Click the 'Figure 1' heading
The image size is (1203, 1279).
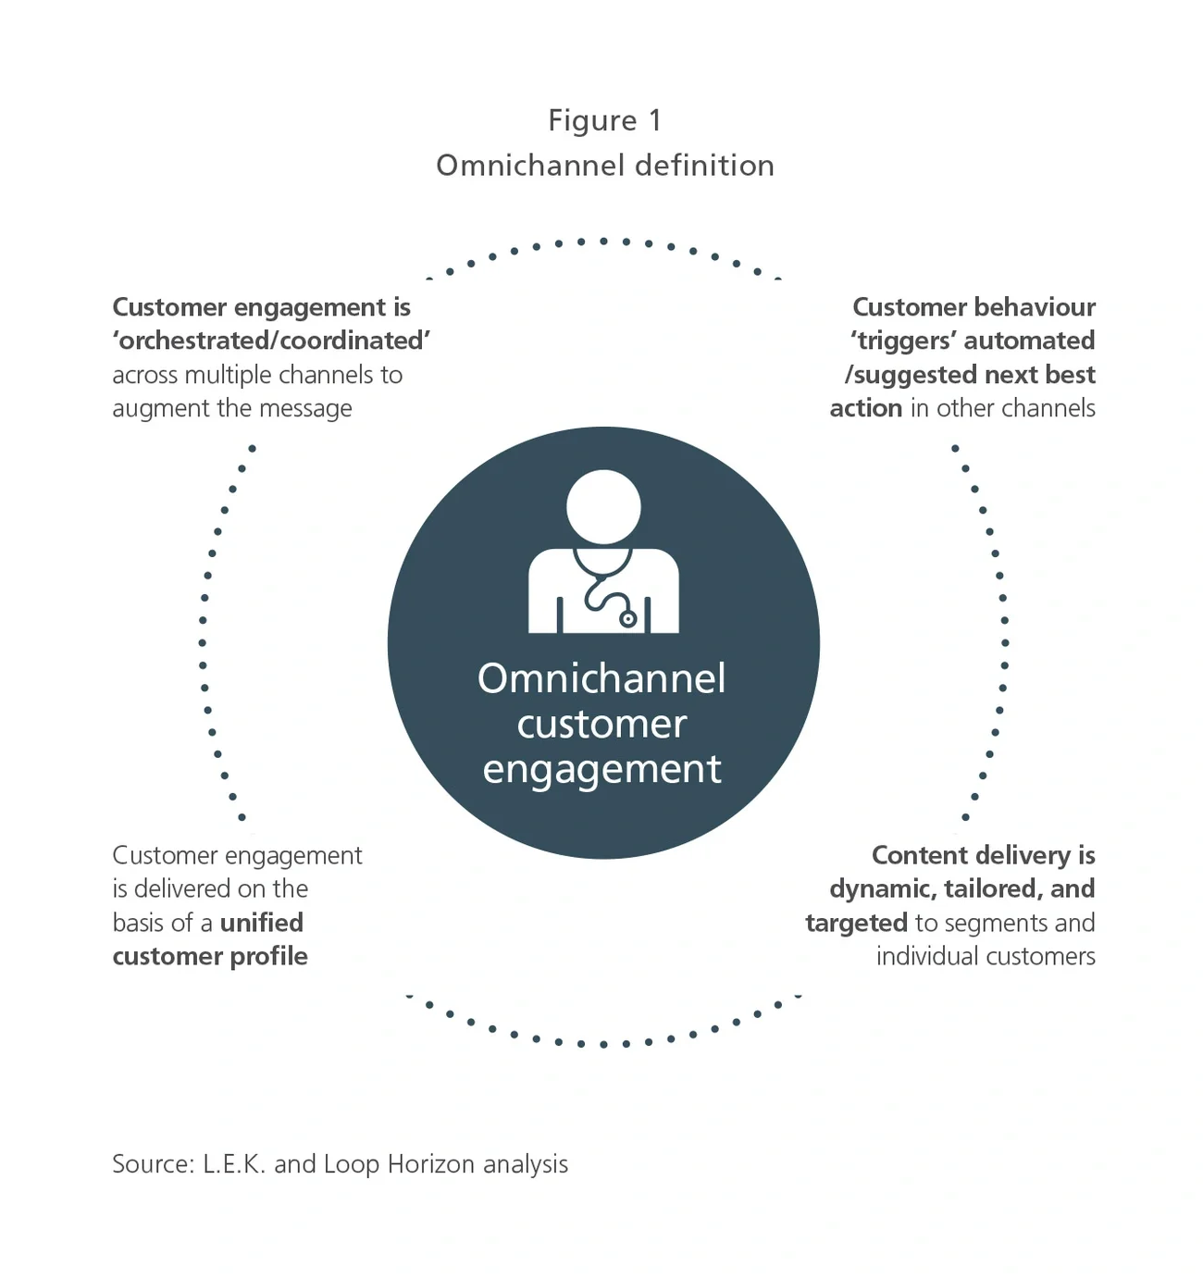coord(604,120)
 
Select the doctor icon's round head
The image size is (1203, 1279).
coord(603,506)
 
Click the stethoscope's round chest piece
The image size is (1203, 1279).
coord(628,619)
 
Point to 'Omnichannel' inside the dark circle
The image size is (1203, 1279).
coord(601,678)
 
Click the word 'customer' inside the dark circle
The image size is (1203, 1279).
coord(601,724)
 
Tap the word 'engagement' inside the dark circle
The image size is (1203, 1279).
coord(601,769)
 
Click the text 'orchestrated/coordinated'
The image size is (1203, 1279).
coord(271,341)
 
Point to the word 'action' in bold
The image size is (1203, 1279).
coord(865,408)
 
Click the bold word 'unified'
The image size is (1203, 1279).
coord(262,923)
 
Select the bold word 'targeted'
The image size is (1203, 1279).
coord(856,923)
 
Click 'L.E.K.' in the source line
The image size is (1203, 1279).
coord(234,1163)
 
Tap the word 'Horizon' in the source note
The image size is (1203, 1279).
coord(430,1163)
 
